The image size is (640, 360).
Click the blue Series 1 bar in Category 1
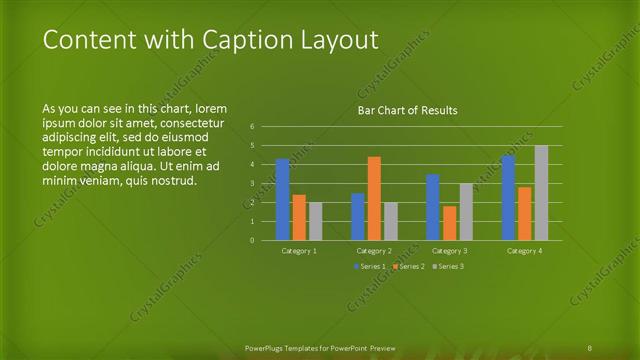tap(282, 199)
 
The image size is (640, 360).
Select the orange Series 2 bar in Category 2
tap(374, 198)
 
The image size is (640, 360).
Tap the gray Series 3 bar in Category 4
tap(541, 192)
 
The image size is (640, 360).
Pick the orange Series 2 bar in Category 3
tap(449, 223)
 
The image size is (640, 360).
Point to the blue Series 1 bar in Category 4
tap(508, 197)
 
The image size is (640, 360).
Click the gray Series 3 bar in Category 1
tap(315, 221)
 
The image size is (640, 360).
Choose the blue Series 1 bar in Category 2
tap(357, 216)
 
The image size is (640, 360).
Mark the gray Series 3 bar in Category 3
tap(466, 211)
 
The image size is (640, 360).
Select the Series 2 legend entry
tap(407, 266)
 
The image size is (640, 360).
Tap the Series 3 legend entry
tap(447, 266)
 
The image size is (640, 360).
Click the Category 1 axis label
tap(299, 250)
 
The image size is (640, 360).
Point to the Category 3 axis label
tap(449, 250)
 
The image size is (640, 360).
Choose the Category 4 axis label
tap(524, 250)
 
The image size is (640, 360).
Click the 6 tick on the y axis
tap(253, 126)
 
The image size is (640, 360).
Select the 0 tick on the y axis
tap(253, 240)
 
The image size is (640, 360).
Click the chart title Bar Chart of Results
tap(407, 110)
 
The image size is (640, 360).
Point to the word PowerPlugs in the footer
tap(266, 347)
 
